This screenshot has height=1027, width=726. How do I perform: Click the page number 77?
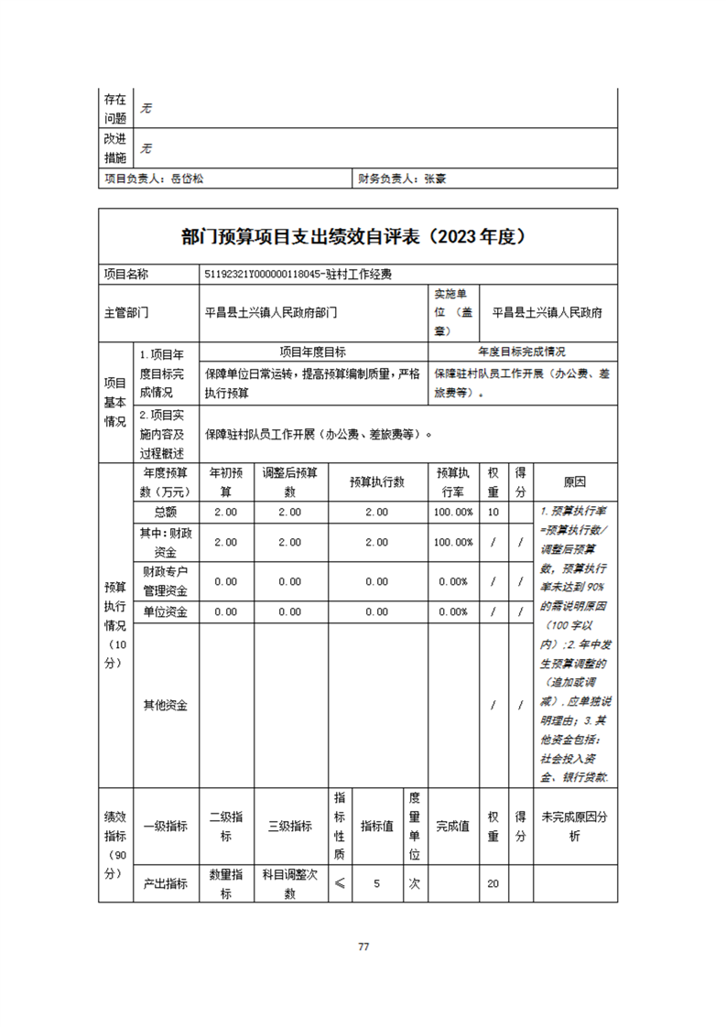pos(363,946)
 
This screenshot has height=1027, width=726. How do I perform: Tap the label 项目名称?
pos(126,274)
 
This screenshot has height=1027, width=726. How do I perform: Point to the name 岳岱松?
pos(187,179)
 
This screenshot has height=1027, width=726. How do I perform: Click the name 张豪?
pos(435,179)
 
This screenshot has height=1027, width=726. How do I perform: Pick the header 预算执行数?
pos(376,481)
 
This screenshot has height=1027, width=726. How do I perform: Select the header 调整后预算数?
pos(289,481)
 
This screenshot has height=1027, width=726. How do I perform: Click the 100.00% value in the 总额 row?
pos(453,513)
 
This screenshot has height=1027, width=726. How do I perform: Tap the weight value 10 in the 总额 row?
pos(493,513)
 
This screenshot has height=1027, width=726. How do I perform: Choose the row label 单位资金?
pos(165,611)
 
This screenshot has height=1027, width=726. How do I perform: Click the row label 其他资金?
pos(165,706)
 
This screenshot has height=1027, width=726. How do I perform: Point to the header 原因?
pos(575,481)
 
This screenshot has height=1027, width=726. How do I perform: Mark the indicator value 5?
pos(376,884)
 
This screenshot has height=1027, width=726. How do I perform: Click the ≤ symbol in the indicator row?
pos(339,884)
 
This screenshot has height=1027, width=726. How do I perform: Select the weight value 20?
pos(493,884)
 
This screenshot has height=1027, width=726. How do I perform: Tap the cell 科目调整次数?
pos(289,884)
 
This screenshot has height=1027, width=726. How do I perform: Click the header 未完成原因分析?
pos(575,826)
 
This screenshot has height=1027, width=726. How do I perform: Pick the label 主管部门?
pos(126,312)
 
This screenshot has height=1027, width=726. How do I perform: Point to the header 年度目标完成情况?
pos(522,351)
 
